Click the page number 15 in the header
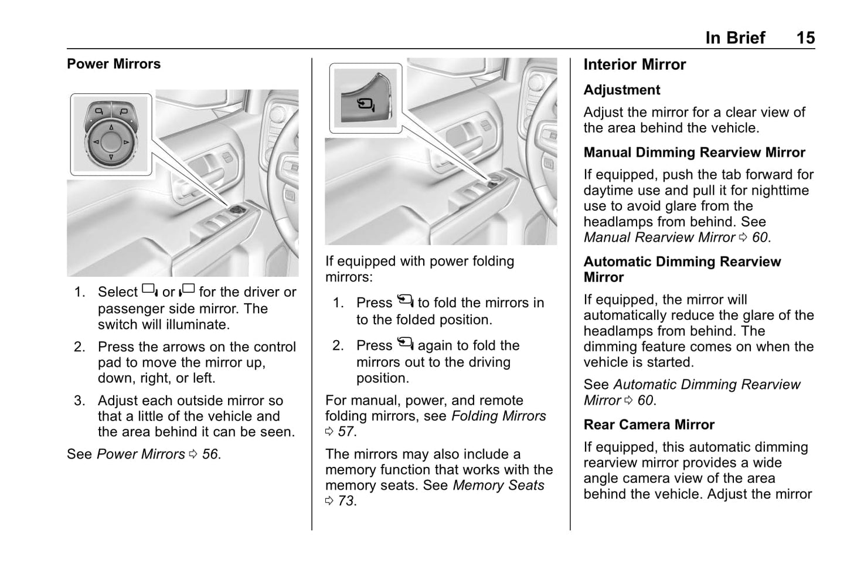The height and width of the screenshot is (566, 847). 805,38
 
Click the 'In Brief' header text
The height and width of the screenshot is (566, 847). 735,38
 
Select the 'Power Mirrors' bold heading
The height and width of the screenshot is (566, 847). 114,64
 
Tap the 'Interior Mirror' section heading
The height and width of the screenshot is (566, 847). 634,65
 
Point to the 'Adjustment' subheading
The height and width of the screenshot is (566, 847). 621,90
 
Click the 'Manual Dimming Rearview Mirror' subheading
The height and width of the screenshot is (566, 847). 694,152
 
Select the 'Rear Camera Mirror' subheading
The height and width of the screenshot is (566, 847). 649,425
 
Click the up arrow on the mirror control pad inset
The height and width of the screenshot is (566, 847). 111,127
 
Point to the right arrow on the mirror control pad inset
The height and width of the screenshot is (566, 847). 126,142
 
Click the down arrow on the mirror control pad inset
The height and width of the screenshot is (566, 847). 111,157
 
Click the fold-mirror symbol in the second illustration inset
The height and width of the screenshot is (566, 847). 366,105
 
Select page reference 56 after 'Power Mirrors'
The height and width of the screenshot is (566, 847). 210,455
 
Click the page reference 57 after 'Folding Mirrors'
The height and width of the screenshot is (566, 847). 346,432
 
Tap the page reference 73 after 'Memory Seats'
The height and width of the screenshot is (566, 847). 346,501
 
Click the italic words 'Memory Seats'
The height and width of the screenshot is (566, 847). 498,486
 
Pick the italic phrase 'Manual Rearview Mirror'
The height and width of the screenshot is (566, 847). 659,238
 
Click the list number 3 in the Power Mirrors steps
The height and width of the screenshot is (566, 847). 79,401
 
